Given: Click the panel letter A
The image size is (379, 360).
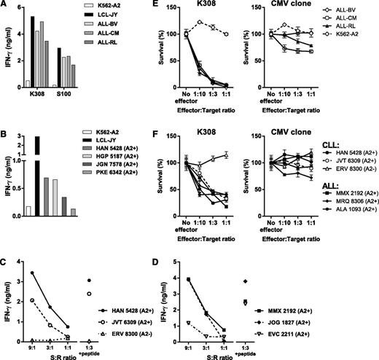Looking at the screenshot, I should click(x=5, y=6).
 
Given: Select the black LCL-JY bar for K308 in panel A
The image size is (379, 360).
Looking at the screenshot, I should click(x=34, y=51).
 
